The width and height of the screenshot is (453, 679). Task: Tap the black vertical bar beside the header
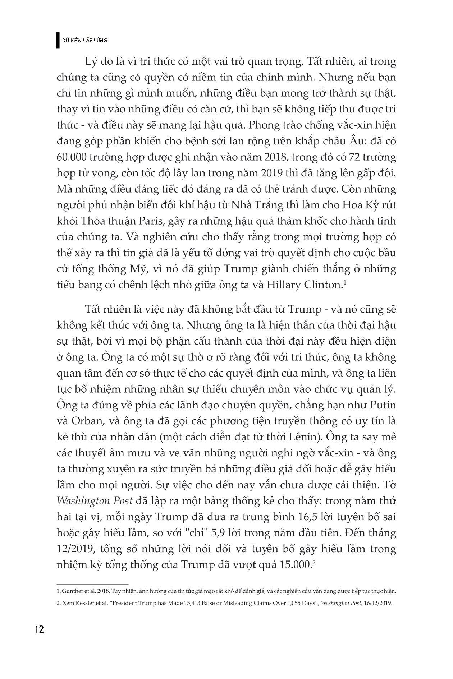(x=58, y=40)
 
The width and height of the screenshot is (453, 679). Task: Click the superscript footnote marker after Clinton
(x=344, y=283)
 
